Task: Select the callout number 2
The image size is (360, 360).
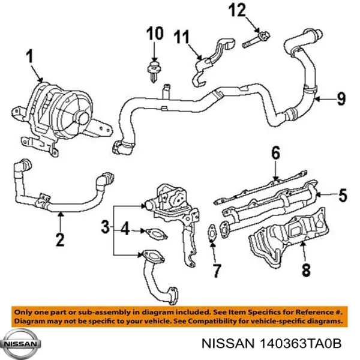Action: pos(59,239)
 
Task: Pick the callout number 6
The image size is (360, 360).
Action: pos(275,154)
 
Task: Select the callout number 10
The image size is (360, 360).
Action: pos(154,34)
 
